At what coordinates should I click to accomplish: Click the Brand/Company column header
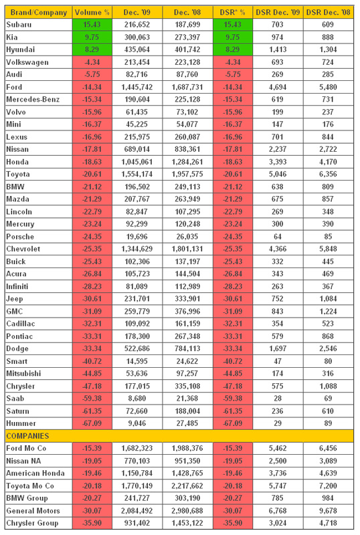39,12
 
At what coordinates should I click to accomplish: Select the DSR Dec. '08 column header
329,12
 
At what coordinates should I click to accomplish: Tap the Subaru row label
19,25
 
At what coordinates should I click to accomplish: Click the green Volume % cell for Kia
92,37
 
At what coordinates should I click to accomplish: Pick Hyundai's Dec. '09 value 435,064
137,49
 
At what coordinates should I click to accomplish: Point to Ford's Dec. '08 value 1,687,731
187,87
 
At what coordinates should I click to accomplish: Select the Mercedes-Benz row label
33,99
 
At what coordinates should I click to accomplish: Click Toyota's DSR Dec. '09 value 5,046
278,174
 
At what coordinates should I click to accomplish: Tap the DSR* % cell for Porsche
233,237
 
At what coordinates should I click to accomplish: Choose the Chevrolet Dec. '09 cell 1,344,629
137,249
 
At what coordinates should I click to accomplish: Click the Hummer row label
21,423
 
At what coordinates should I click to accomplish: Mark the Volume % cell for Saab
92,399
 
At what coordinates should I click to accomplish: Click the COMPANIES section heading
27,436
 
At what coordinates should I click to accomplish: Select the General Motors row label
33,511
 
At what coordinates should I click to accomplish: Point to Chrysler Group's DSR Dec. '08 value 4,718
329,523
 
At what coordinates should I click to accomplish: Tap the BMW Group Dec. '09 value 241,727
137,498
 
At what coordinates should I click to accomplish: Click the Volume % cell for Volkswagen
92,62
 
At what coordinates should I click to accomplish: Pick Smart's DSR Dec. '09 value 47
278,361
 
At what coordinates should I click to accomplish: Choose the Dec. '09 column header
137,12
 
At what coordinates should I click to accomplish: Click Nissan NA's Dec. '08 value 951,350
187,461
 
